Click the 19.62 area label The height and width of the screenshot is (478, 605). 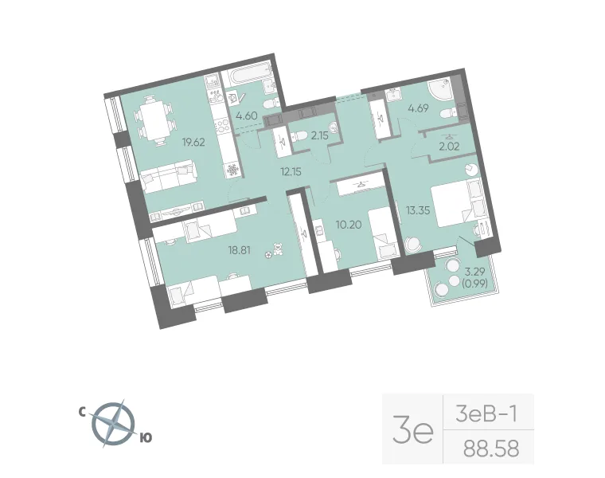[193, 143]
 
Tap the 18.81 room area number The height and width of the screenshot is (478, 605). [240, 250]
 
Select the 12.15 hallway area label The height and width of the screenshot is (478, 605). [291, 171]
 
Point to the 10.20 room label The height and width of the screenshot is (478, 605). [349, 225]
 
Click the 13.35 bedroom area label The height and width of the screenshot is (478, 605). [418, 210]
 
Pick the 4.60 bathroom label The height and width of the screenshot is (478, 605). [247, 116]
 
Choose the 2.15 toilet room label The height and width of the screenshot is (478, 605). [319, 135]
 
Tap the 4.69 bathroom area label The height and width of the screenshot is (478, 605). [418, 108]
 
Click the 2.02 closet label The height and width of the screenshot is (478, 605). [450, 147]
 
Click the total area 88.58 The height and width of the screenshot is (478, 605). [491, 449]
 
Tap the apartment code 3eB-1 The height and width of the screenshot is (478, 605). [486, 414]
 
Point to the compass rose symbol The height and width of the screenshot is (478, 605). [115, 424]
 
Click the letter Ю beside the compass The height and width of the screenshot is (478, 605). [146, 437]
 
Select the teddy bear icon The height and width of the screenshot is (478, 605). [277, 249]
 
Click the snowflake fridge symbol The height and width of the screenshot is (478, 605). [232, 170]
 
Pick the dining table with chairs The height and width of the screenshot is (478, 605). [154, 119]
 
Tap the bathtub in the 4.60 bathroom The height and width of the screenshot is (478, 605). [247, 78]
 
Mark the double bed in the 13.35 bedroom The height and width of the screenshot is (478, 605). [456, 203]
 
